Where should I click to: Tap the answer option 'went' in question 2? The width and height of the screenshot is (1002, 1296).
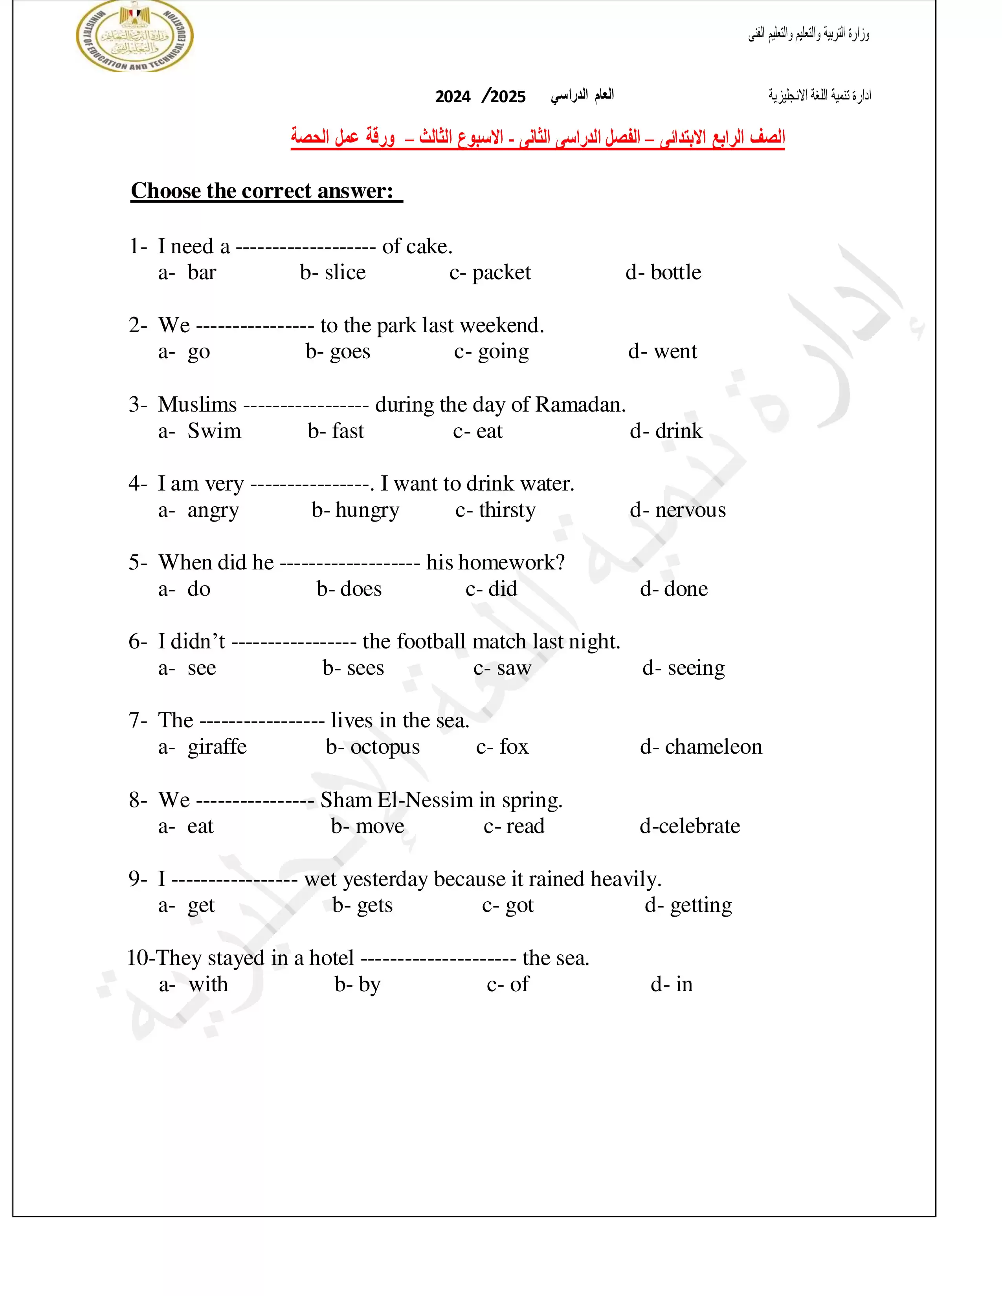pyautogui.click(x=675, y=351)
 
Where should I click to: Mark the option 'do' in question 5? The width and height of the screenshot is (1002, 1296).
pyautogui.click(x=199, y=589)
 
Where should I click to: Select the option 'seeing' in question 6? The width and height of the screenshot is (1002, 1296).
pyautogui.click(x=696, y=668)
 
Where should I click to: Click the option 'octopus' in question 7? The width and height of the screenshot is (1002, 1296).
pyautogui.click(x=385, y=747)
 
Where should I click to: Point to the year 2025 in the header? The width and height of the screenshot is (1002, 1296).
pyautogui.click(x=508, y=97)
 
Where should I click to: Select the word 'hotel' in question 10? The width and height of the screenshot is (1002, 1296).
pyautogui.click(x=331, y=958)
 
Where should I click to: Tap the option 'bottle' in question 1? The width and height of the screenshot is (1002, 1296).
pyautogui.click(x=675, y=273)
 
